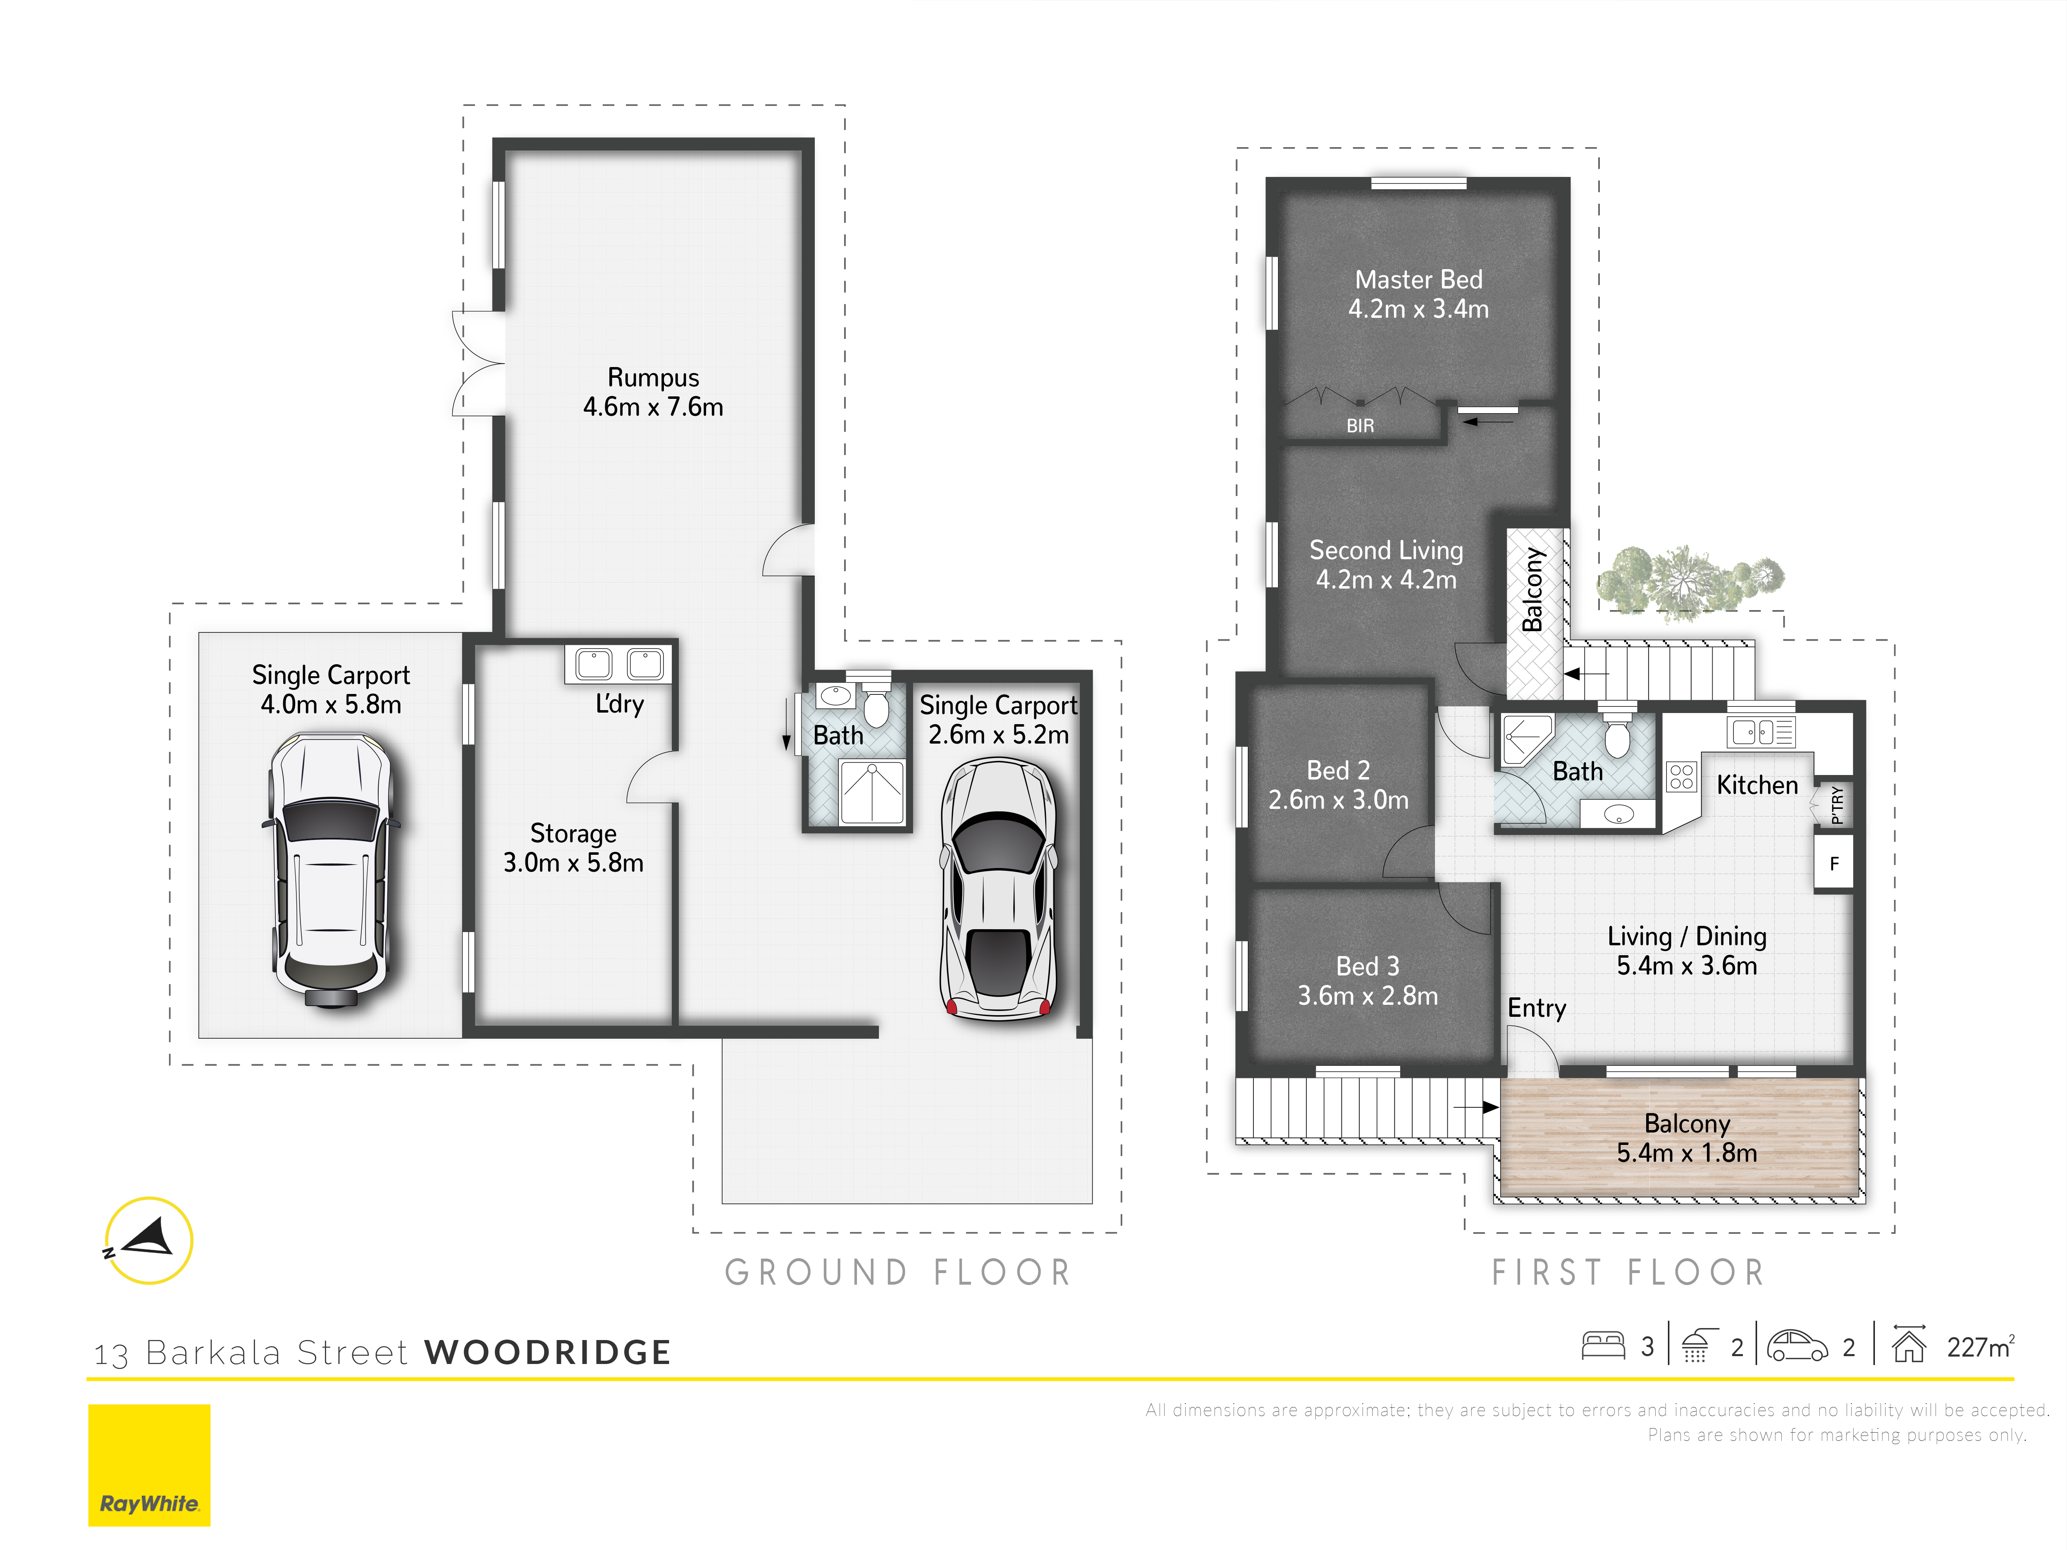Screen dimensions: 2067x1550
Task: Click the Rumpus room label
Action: (653, 377)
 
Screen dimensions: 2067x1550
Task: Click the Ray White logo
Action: (150, 1465)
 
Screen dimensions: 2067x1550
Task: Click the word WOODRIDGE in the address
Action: (548, 1352)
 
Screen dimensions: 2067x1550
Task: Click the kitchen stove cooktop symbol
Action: (1681, 776)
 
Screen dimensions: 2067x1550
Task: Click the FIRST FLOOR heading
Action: (1628, 1273)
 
